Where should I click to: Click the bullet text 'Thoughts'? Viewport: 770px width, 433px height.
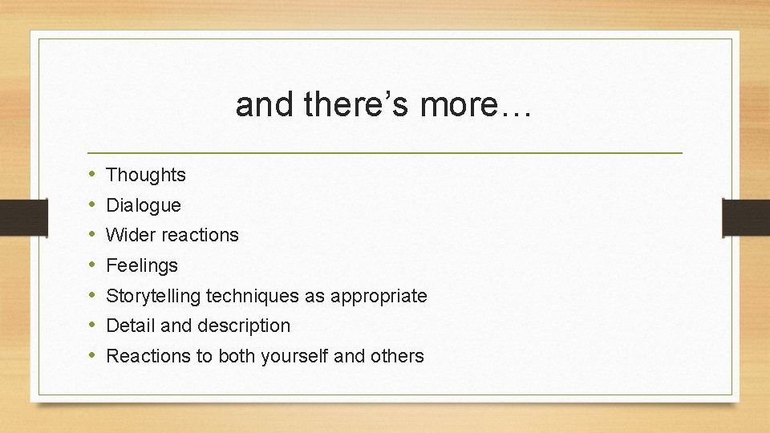[146, 175]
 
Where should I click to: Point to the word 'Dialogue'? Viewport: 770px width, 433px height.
[144, 205]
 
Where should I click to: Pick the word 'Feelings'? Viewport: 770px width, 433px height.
[142, 265]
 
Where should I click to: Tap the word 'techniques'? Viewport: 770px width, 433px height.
[252, 296]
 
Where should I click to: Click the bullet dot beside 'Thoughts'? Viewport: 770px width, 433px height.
[93, 175]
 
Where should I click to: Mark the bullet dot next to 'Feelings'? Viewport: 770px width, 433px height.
[93, 265]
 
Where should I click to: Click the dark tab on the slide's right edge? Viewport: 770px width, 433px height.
[745, 217]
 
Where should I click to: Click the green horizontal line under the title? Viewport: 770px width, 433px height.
[385, 152]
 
